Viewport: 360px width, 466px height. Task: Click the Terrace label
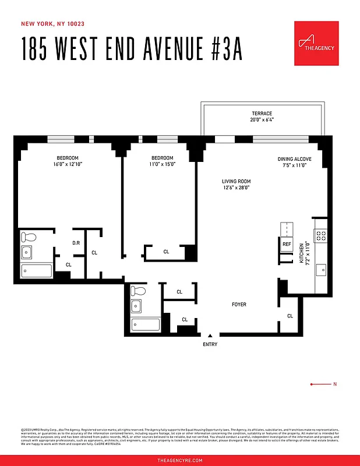pos(262,113)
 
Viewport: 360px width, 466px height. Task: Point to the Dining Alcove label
pos(294,158)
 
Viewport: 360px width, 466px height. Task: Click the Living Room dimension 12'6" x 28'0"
pos(235,188)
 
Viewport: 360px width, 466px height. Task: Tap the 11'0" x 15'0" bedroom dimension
pos(162,164)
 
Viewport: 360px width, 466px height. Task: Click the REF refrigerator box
pos(287,244)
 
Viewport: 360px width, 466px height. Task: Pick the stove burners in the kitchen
pos(322,235)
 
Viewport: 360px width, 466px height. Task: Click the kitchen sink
pos(321,270)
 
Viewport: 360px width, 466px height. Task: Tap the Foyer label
pos(239,305)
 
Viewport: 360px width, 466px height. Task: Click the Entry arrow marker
pos(210,336)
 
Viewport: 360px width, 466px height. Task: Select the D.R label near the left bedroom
pos(76,243)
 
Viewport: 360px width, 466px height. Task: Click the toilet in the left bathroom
pos(28,237)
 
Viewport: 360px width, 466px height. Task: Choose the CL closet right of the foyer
pos(290,316)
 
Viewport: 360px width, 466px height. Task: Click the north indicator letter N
pos(334,384)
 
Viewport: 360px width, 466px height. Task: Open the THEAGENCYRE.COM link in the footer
pos(180,460)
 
